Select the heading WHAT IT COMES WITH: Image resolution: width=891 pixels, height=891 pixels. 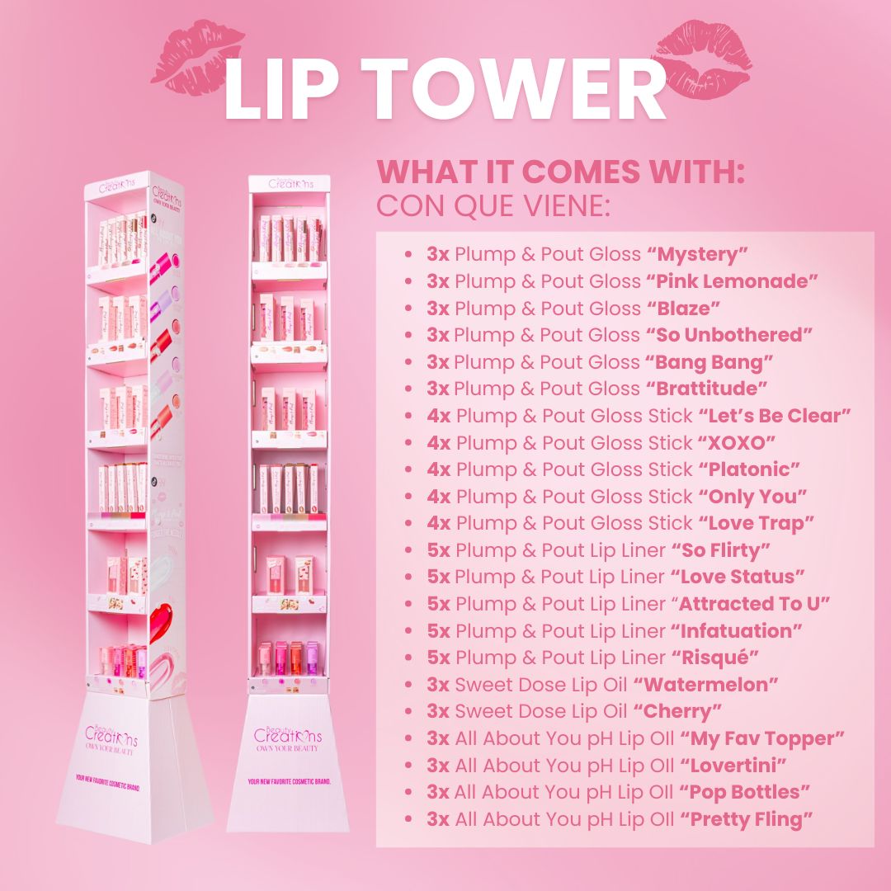click(x=561, y=172)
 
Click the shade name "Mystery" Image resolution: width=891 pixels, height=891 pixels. click(x=697, y=254)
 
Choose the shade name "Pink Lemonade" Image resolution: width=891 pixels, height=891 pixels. click(x=732, y=281)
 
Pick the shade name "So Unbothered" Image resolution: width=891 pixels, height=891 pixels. click(x=729, y=335)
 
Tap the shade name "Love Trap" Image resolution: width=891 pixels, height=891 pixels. click(x=757, y=523)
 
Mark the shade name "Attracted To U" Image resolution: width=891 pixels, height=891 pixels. click(x=752, y=604)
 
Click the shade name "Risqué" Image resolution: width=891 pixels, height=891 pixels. click(x=714, y=658)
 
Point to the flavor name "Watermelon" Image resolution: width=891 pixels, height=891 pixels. click(x=705, y=685)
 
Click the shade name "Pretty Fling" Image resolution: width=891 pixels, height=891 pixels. click(x=746, y=819)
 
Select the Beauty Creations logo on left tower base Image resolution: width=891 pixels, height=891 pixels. click(x=111, y=734)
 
